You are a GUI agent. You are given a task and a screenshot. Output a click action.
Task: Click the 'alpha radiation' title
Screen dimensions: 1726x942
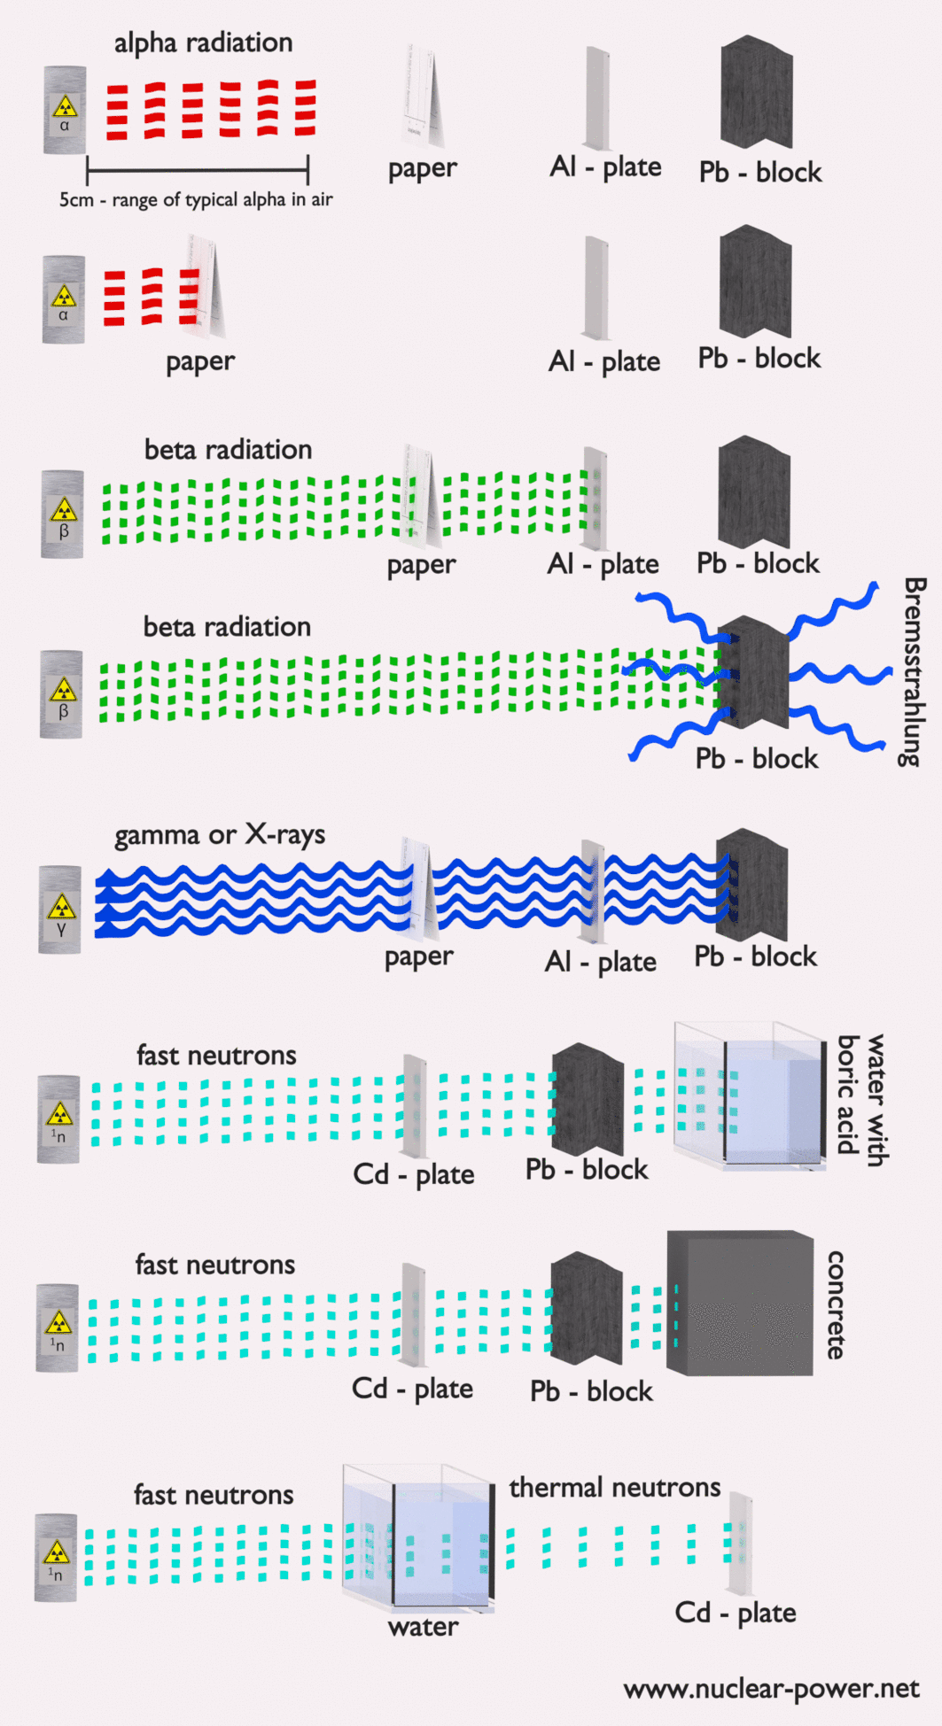pos(203,43)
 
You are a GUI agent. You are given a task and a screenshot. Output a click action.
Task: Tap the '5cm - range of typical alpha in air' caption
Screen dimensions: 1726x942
pos(196,200)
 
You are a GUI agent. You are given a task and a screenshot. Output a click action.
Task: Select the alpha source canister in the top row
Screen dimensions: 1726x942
pos(65,110)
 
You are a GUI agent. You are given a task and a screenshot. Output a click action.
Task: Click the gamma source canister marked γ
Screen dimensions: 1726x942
pos(60,909)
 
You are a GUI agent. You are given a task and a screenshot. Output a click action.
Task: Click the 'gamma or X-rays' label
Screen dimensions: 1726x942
pos(220,835)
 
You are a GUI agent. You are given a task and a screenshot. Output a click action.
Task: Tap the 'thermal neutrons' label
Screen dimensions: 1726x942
pos(614,1488)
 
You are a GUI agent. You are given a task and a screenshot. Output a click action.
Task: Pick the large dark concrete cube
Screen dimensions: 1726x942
pos(739,1303)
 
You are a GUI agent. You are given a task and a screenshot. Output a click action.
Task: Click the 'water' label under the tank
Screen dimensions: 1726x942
pos(423,1627)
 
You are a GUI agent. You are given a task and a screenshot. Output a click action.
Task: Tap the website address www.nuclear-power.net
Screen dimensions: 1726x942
pos(771,1689)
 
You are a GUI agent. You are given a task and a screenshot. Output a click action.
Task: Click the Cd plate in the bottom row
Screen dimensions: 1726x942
pos(740,1543)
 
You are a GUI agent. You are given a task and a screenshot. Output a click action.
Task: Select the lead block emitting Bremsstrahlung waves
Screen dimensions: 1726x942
pos(752,673)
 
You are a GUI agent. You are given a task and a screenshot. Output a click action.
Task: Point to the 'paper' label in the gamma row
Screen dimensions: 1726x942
pos(418,956)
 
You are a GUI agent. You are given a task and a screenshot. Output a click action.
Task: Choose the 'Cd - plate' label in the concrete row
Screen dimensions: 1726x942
pos(412,1388)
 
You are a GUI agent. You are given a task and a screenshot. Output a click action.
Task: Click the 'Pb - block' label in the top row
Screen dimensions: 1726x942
pos(759,172)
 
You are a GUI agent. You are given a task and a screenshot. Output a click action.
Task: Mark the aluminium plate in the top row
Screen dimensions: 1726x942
pos(597,97)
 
